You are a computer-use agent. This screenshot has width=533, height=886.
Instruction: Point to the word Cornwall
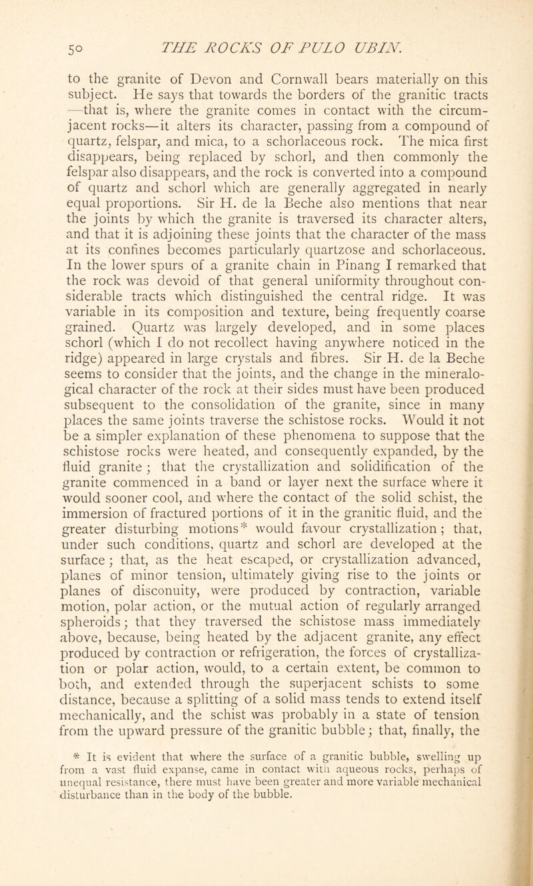pyautogui.click(x=261, y=84)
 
